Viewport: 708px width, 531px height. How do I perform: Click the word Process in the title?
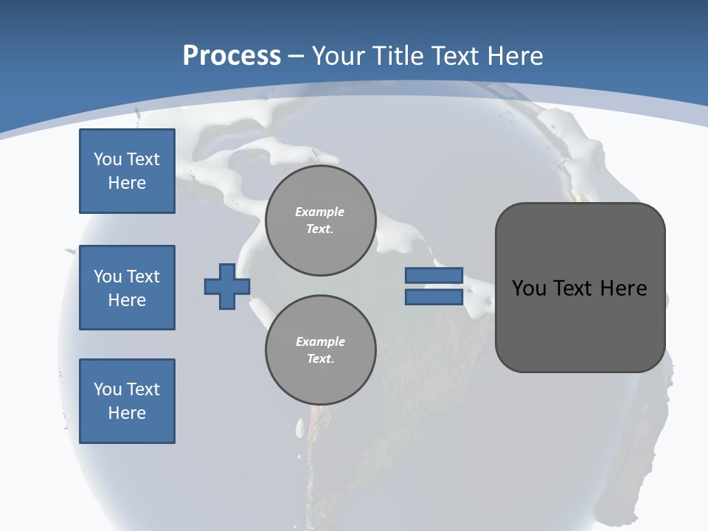click(x=232, y=56)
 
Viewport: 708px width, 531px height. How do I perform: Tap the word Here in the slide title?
click(x=515, y=56)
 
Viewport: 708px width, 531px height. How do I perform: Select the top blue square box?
click(x=127, y=171)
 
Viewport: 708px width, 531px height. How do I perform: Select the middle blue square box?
click(x=127, y=288)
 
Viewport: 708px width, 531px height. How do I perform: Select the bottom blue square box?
click(x=127, y=401)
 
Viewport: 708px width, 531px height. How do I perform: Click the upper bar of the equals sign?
click(x=434, y=276)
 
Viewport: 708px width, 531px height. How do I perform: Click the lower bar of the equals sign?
click(x=434, y=297)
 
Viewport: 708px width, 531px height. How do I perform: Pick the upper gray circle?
click(x=320, y=221)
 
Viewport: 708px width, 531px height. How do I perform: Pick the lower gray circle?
click(x=320, y=350)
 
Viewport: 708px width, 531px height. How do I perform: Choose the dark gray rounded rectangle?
click(x=580, y=288)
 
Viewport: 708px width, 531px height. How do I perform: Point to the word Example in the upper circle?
click(x=320, y=212)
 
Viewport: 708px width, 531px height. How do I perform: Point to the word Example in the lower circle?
click(x=320, y=341)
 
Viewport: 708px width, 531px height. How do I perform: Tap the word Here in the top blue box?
click(x=127, y=183)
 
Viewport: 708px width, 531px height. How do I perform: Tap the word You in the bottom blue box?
click(x=108, y=389)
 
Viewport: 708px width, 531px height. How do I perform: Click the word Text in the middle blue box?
click(x=142, y=277)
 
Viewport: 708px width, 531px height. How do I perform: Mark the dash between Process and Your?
click(x=296, y=56)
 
